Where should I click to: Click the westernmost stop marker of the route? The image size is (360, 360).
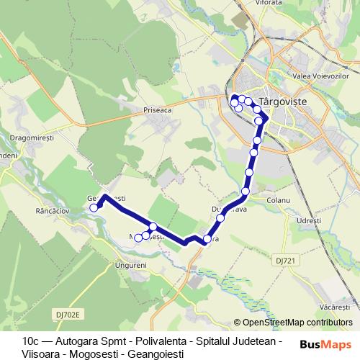point(94,208)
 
